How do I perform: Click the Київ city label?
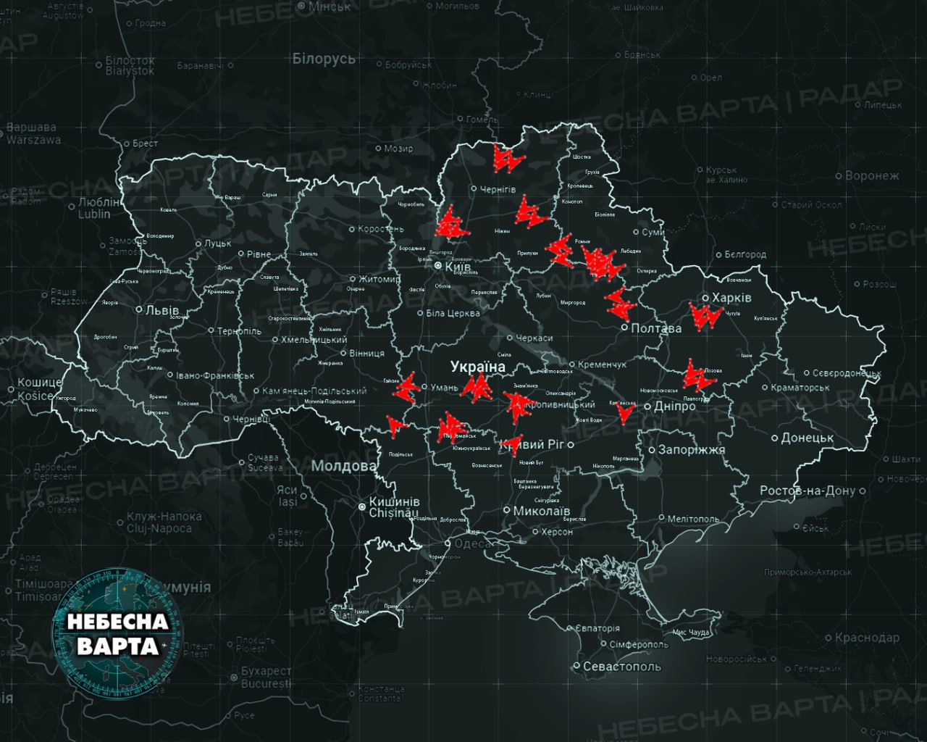click(x=457, y=267)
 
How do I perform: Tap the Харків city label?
click(x=731, y=298)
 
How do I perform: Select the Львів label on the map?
click(x=162, y=310)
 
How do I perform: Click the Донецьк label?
click(x=808, y=438)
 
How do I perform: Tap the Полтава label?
click(x=656, y=328)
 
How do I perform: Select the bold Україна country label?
click(x=478, y=367)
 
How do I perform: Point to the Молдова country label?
click(x=344, y=466)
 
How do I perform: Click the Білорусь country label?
click(x=324, y=59)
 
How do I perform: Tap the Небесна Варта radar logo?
click(x=117, y=633)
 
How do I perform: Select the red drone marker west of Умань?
click(x=406, y=387)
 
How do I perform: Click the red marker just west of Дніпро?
click(x=624, y=413)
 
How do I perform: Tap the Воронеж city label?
click(x=873, y=175)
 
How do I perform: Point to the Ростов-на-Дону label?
click(x=807, y=491)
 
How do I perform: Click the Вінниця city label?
click(x=366, y=354)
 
